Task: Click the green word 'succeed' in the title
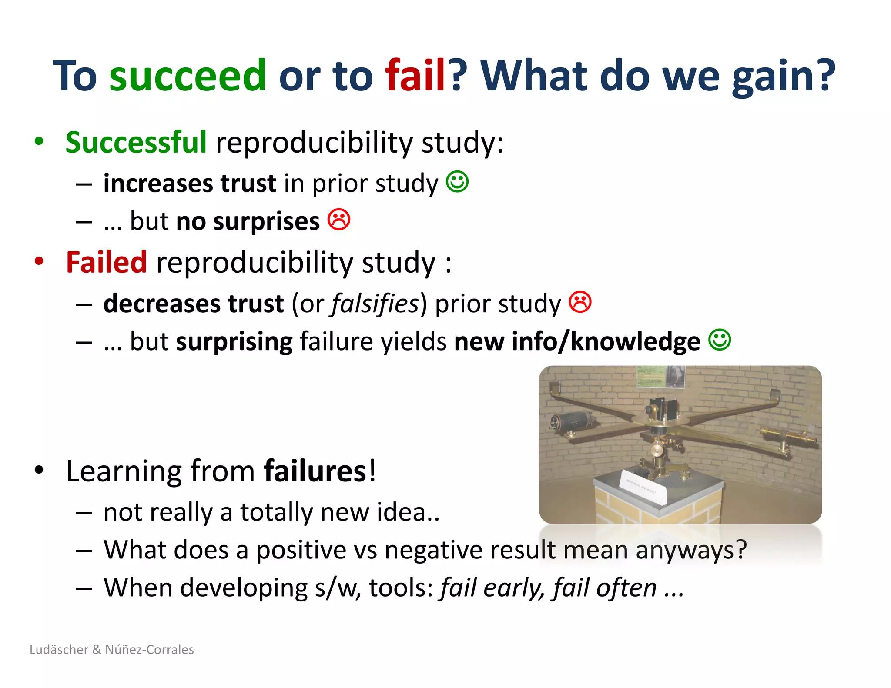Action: click(187, 76)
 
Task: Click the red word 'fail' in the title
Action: click(415, 76)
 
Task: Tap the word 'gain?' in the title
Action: click(783, 77)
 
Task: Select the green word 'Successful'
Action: click(136, 142)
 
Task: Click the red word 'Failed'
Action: click(106, 262)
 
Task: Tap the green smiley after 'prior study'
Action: click(457, 181)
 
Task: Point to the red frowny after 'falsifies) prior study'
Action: click(580, 302)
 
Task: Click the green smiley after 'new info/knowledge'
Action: click(720, 340)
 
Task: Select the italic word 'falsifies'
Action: click(375, 303)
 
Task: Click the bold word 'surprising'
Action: click(234, 341)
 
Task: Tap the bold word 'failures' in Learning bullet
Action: click(315, 471)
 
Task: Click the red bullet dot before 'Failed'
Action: click(39, 261)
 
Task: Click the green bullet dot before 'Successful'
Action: click(39, 141)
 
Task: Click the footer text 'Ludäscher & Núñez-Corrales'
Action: click(112, 649)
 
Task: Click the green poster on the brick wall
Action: click(651, 376)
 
